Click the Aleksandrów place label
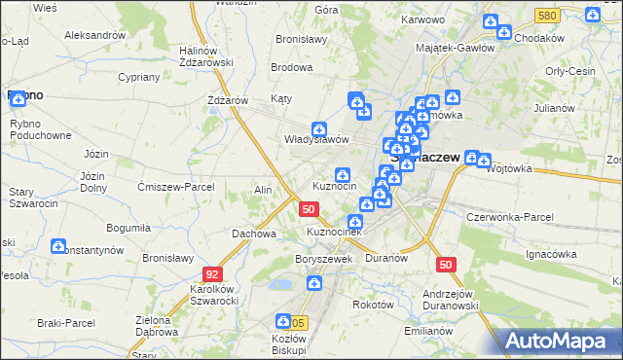coord(94,34)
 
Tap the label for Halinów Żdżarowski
coord(205,55)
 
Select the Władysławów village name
coord(315,139)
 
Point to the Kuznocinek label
coord(335,233)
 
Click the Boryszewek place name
coord(322,260)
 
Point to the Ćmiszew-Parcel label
coord(174,188)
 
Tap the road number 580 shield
coord(547,17)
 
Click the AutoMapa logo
coord(559,341)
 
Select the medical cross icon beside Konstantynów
coord(58,247)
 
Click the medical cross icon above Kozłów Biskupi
coord(283,320)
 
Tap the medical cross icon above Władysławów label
coord(318,129)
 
